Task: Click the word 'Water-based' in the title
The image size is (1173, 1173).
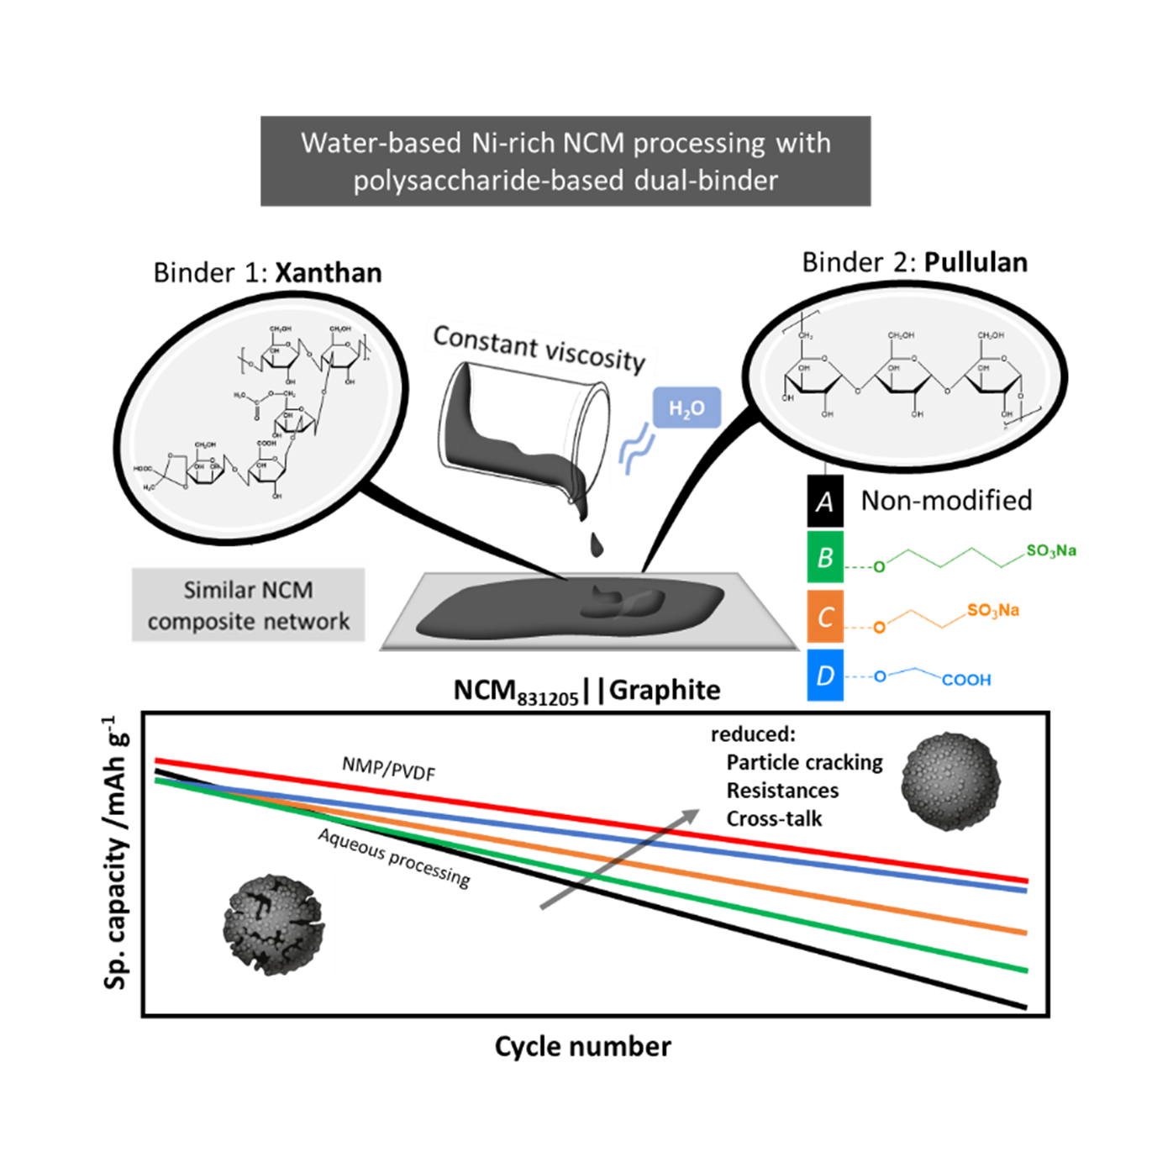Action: pos(381,144)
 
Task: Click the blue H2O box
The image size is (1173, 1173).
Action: pos(686,408)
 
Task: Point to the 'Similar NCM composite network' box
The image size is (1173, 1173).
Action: pos(247,605)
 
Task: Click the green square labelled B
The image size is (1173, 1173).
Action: pos(825,557)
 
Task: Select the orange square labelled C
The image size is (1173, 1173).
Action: pos(825,617)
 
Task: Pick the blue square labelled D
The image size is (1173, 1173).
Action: pos(825,675)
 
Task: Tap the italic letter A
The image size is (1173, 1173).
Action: pos(825,502)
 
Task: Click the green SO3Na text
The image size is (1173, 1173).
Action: pos(1050,551)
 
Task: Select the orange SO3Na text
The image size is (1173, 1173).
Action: pos(993,610)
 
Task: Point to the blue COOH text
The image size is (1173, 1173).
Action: pos(966,680)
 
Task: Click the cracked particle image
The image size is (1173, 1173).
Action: pos(274,923)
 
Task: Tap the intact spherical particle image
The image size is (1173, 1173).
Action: pos(949,781)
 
